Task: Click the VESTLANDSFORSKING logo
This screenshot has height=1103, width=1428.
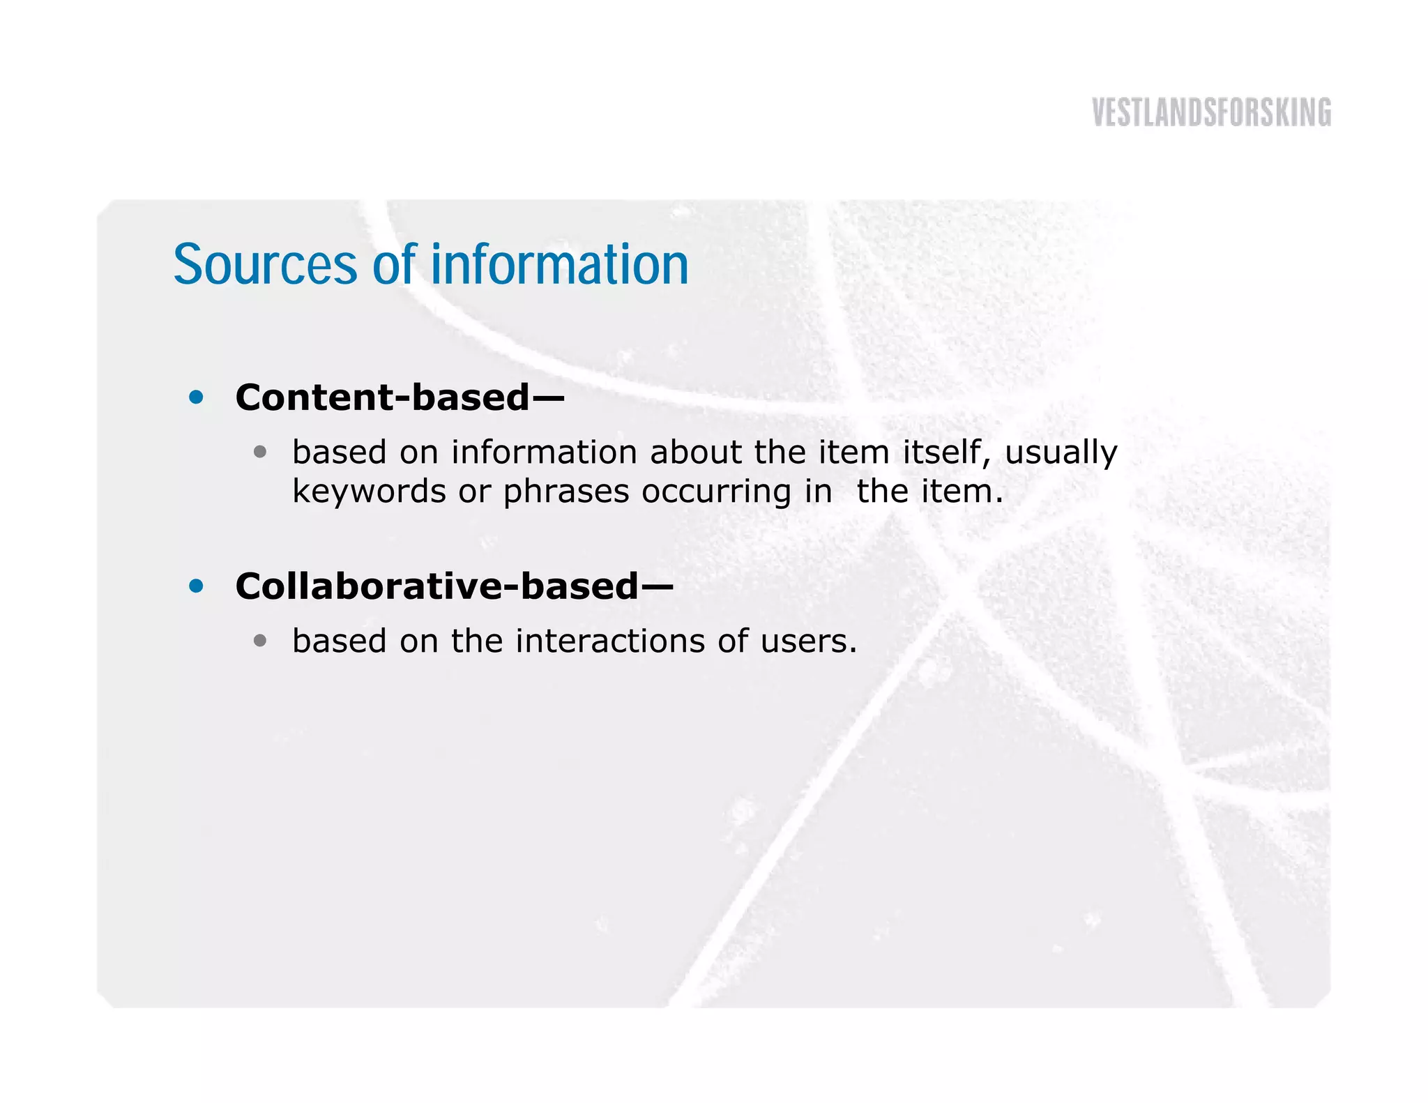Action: coord(1211,113)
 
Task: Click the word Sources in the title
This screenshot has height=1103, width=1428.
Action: coord(265,265)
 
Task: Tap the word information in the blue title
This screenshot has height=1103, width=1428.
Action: coord(559,265)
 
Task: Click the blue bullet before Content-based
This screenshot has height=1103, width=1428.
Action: coord(197,397)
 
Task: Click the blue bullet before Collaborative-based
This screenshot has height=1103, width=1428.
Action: coord(197,586)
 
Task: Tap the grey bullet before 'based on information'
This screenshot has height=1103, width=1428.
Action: coord(260,452)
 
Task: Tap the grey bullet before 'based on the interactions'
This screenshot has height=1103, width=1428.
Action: coord(260,641)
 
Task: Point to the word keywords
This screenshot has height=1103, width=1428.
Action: coord(369,492)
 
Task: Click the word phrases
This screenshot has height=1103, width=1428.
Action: coord(566,492)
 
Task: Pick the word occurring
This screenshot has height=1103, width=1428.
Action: coord(716,492)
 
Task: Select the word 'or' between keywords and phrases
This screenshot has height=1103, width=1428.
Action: coord(474,492)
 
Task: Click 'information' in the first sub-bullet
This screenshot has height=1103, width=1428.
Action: coord(544,452)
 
